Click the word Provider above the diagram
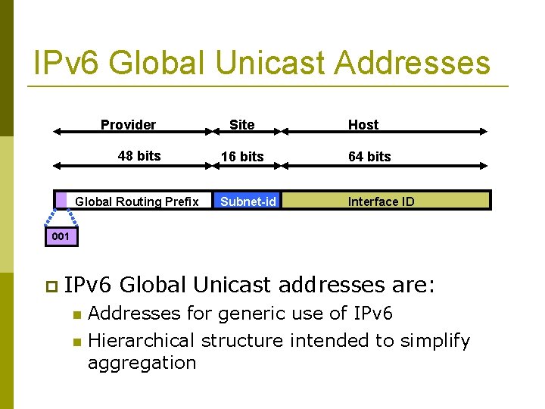(x=128, y=125)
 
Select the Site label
(x=241, y=125)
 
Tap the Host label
(x=363, y=125)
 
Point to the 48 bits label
(x=139, y=156)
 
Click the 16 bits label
(x=242, y=157)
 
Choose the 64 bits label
(x=369, y=157)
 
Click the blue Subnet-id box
(x=248, y=201)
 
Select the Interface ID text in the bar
(x=381, y=201)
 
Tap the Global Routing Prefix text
(x=137, y=201)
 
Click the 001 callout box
(x=60, y=236)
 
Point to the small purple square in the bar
(x=61, y=199)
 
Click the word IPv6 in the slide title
(x=66, y=63)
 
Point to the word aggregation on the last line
(x=142, y=363)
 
